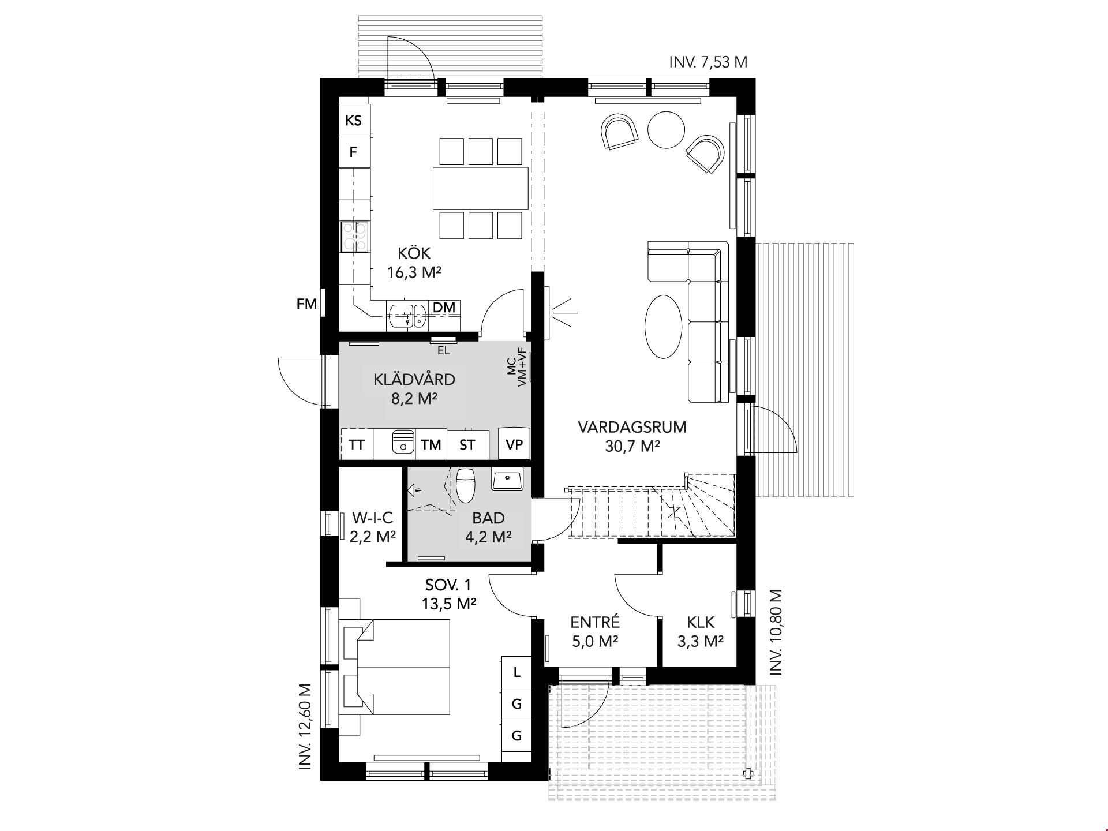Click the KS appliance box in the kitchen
click(x=354, y=120)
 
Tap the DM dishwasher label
click(x=444, y=308)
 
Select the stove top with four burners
click(x=354, y=237)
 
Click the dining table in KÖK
click(x=481, y=188)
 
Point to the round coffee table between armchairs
click(x=666, y=129)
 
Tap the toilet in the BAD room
click(x=465, y=485)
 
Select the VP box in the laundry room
click(x=514, y=444)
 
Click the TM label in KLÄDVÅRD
click(x=431, y=445)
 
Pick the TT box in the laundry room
click(x=357, y=444)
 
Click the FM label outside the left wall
click(x=306, y=304)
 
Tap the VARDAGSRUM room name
click(x=632, y=428)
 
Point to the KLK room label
click(x=701, y=623)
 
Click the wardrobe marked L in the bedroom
click(x=516, y=672)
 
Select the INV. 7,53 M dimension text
click(x=708, y=62)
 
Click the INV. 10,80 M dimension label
click(x=776, y=632)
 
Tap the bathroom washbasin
click(x=507, y=479)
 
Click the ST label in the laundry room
click(x=467, y=445)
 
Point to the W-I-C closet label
click(x=372, y=517)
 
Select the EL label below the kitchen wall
click(x=443, y=350)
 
